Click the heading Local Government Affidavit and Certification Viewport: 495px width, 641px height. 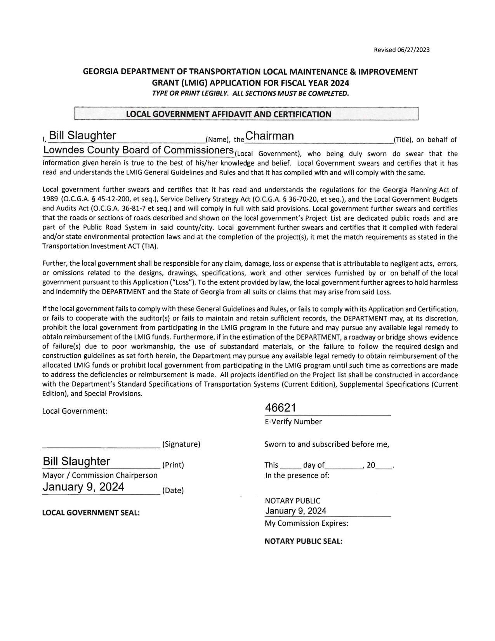pyautogui.click(x=228, y=114)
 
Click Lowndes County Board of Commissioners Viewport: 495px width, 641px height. pyautogui.click(x=138, y=150)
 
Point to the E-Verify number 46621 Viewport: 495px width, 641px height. pyautogui.click(x=280, y=408)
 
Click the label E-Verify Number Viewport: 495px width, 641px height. pyautogui.click(x=293, y=422)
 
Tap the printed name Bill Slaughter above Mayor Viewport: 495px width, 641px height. pyautogui.click(x=76, y=462)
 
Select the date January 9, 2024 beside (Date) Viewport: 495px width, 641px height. pyautogui.click(x=83, y=487)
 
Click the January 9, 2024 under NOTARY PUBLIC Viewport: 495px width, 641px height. pyautogui.click(x=295, y=511)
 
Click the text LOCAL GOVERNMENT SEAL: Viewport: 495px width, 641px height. pyautogui.click(x=91, y=513)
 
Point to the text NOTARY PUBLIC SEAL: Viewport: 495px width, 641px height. pyautogui.click(x=303, y=541)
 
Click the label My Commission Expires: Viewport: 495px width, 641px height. pyautogui.click(x=306, y=523)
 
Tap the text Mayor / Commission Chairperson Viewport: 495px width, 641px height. pyautogui.click(x=100, y=475)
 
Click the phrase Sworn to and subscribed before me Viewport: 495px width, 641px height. pyautogui.click(x=327, y=444)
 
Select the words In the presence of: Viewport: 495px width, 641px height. pyautogui.click(x=297, y=475)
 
